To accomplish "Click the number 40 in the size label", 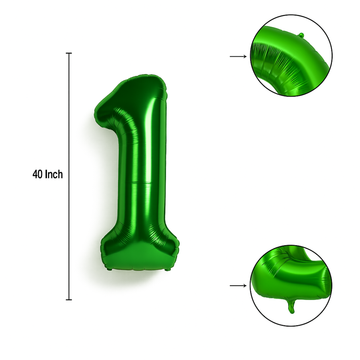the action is [x=37, y=174].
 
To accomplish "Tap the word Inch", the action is [x=54, y=174].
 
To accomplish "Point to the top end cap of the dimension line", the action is [x=69, y=53].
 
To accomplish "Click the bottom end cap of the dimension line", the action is [x=69, y=300].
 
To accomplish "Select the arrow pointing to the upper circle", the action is [x=238, y=56].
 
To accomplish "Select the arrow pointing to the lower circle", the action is [x=238, y=286].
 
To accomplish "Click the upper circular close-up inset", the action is [x=291, y=56].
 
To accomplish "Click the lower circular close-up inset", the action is [x=291, y=286].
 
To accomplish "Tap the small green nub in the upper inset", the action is [x=301, y=35].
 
